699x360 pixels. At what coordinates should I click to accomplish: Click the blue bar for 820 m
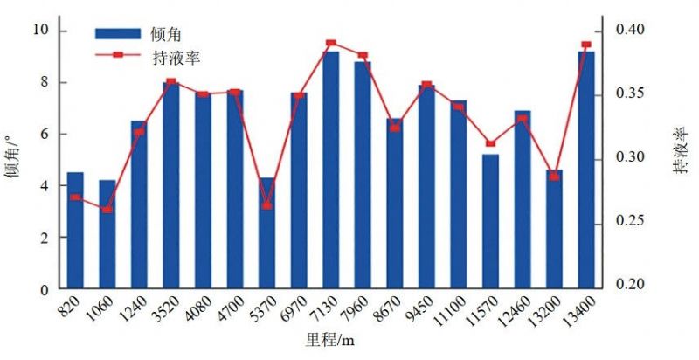75,231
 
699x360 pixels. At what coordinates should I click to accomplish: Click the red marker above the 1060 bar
107,210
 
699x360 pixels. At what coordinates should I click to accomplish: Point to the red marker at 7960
363,56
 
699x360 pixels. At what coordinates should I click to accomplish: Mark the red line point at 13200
554,177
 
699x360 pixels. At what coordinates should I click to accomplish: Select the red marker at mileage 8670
394,128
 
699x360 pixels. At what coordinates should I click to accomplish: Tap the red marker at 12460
522,118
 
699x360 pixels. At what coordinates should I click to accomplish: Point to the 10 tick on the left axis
39,31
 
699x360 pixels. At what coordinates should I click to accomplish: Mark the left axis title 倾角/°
12,157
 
